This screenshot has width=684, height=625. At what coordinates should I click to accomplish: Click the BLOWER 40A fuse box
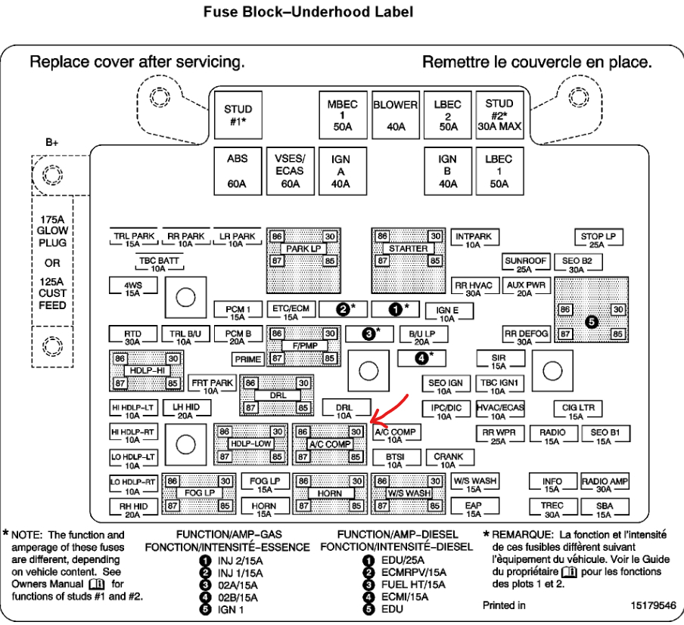396,114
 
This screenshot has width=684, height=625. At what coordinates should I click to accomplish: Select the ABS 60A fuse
237,172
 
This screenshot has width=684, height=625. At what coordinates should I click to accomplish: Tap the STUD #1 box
238,114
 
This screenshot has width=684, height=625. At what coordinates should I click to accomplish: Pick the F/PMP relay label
304,345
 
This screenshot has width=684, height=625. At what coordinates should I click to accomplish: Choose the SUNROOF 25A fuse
525,265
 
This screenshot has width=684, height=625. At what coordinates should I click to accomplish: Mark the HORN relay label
330,493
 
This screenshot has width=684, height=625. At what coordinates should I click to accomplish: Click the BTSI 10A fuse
394,460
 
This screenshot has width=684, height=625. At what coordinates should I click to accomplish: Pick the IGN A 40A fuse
340,172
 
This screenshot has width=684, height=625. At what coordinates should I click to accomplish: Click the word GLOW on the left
52,231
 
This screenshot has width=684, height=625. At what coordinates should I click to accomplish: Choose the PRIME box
248,359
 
